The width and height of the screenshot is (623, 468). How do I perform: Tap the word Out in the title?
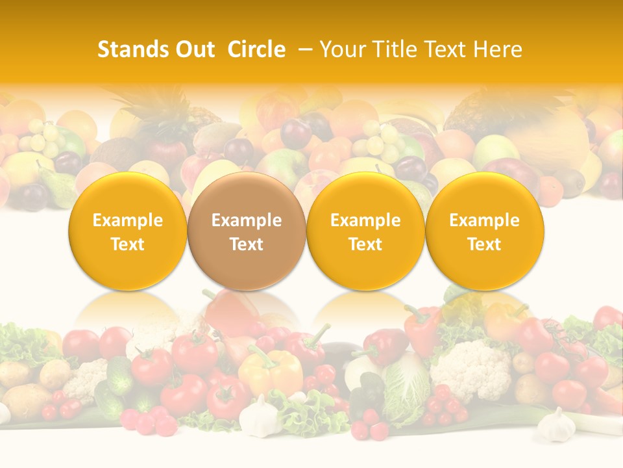[193, 49]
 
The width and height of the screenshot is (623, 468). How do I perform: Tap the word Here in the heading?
[496, 49]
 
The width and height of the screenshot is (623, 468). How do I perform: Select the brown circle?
[247, 231]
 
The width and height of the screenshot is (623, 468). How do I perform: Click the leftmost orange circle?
[128, 231]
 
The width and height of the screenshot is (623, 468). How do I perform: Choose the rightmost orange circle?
[485, 231]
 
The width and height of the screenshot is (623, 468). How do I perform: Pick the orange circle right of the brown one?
[365, 231]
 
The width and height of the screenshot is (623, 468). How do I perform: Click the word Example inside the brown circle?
[247, 220]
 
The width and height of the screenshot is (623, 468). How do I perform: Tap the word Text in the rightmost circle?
[485, 244]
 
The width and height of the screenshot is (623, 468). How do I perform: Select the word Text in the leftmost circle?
[128, 244]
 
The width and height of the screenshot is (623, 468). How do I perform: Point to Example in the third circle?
[365, 220]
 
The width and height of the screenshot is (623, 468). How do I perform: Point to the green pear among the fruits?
[59, 188]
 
